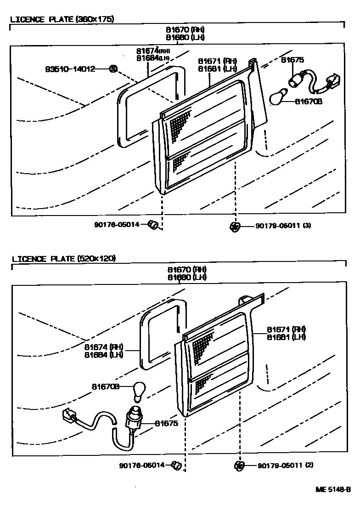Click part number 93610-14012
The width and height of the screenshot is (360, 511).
[x=70, y=69]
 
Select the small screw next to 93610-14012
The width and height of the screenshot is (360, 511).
[x=112, y=69]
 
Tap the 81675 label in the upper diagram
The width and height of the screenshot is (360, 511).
[x=292, y=60]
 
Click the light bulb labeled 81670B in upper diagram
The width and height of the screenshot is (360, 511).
[x=278, y=97]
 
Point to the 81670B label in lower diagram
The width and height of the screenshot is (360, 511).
[x=105, y=387]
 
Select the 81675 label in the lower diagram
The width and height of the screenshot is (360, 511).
[x=166, y=423]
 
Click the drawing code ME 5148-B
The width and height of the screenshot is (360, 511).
[x=333, y=489]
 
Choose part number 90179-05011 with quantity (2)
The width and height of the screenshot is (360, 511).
[x=285, y=466]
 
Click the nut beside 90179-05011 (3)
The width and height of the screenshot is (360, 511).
[x=235, y=226]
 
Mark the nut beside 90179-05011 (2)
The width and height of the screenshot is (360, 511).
[x=239, y=466]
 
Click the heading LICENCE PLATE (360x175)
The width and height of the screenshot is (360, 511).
[x=62, y=19]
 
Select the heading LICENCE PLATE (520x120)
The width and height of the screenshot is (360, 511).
[x=63, y=259]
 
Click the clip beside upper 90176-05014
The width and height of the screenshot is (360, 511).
[x=154, y=225]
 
